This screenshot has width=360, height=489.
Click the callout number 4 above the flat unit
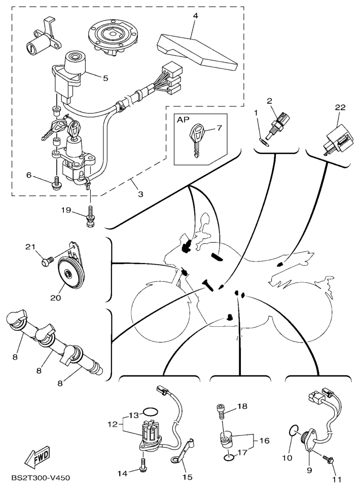tap(195, 16)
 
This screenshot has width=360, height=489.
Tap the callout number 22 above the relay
tap(340, 107)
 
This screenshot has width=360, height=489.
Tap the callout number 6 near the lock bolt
tap(29, 175)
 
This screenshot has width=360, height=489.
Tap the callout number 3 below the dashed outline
tap(140, 194)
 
